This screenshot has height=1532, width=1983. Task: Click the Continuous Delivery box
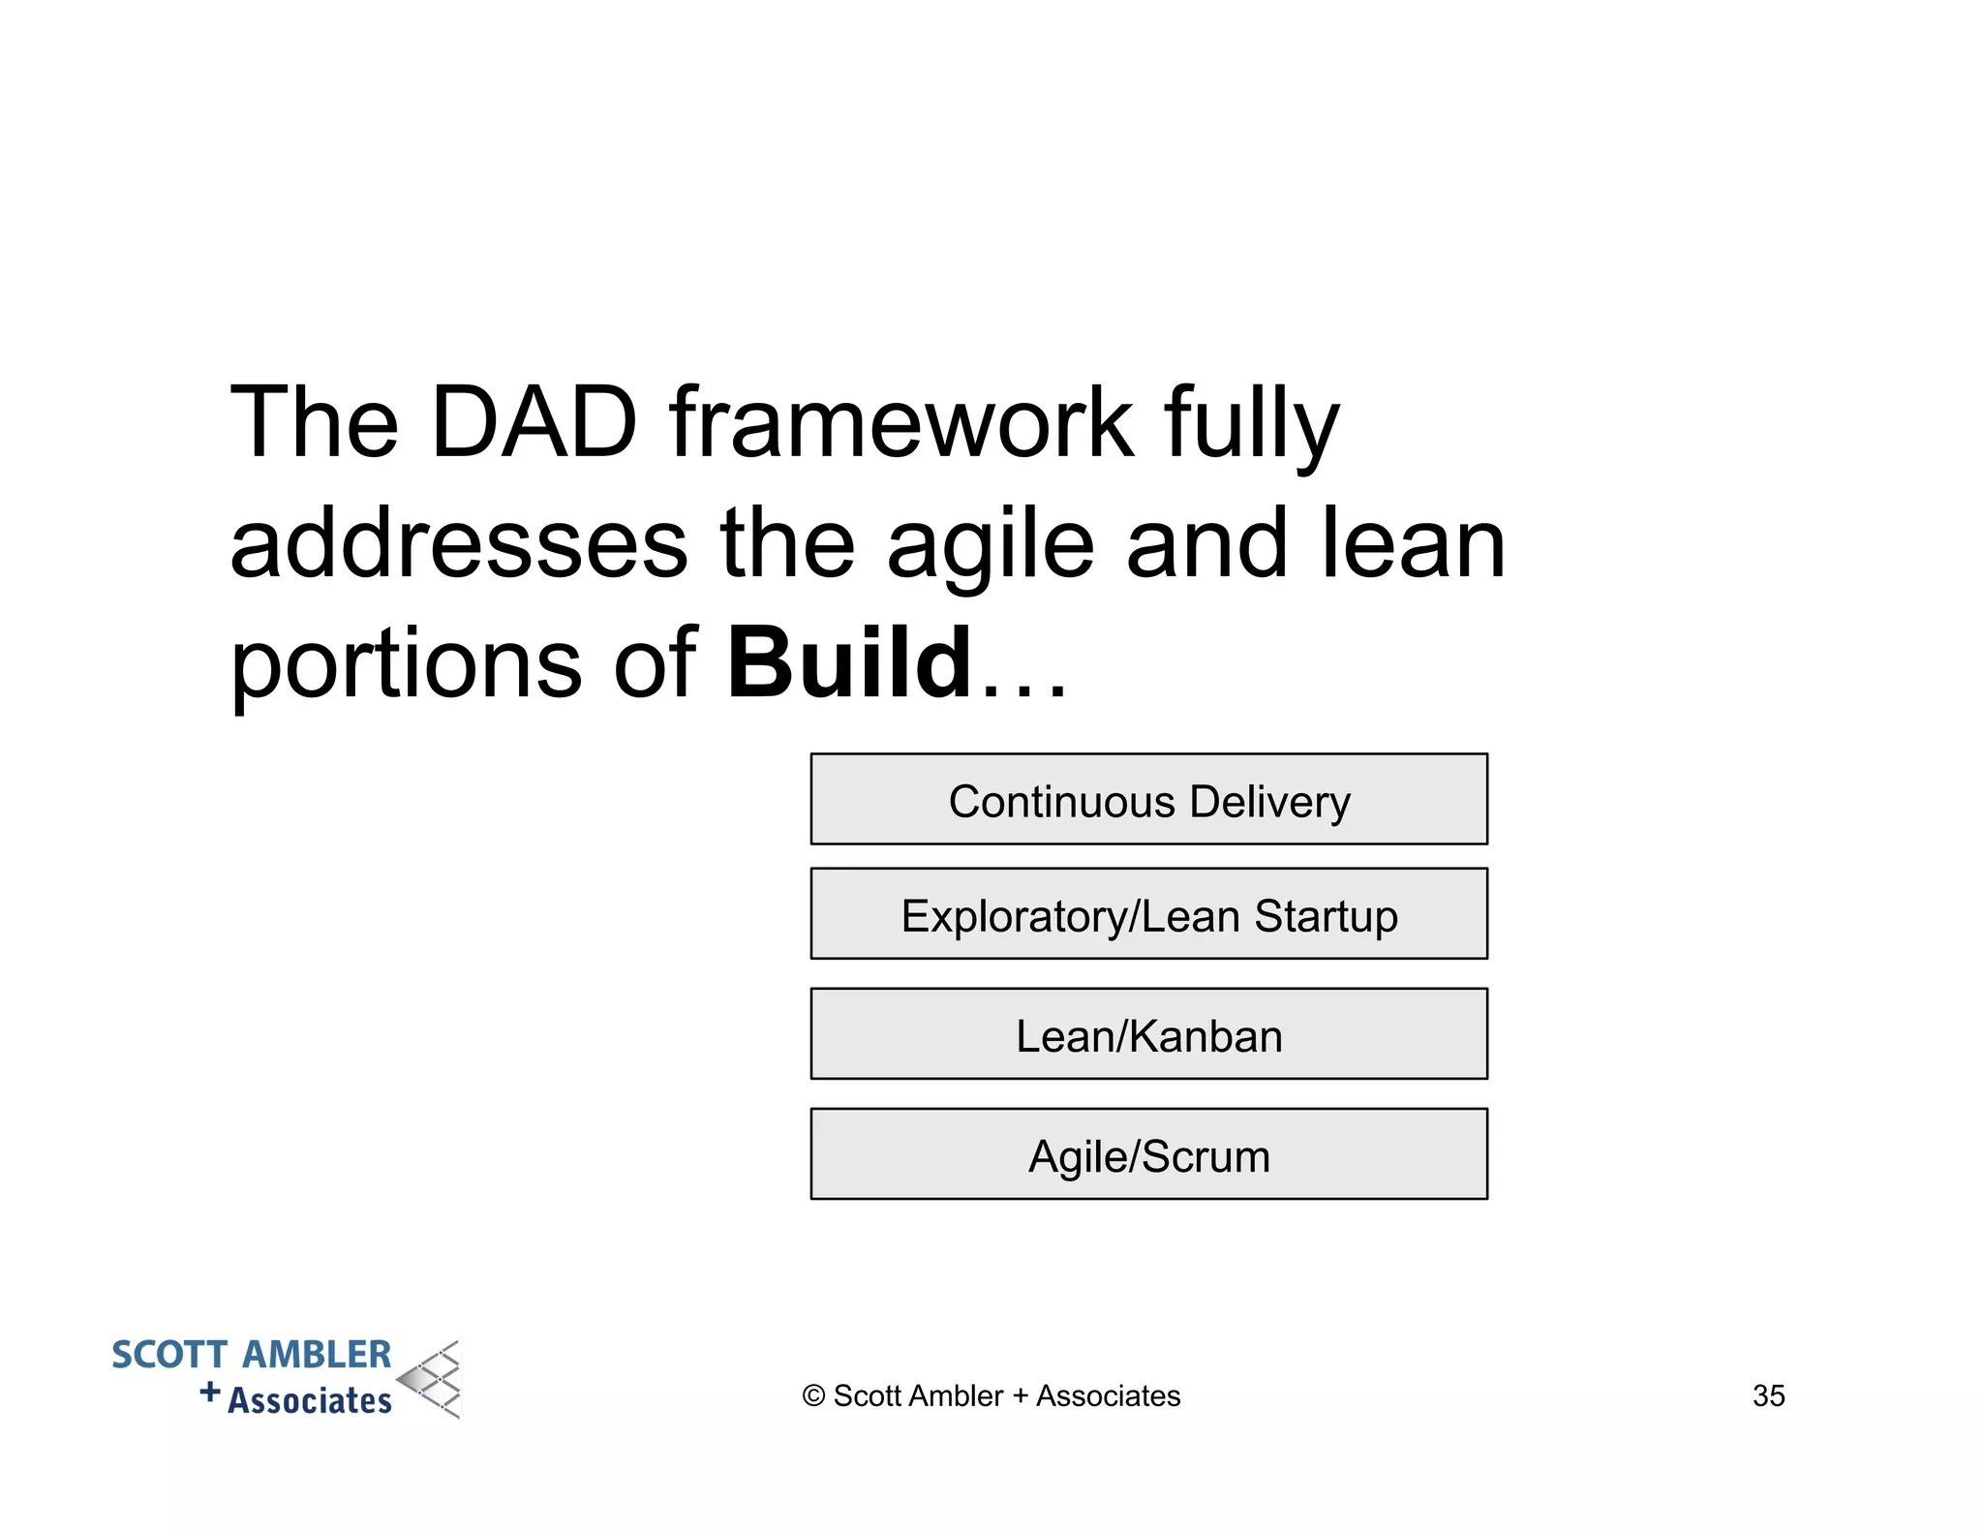tap(1148, 799)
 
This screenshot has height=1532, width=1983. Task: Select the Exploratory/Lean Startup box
tap(1148, 914)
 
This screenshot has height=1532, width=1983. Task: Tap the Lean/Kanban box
tap(1148, 1034)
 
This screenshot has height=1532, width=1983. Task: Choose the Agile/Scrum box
tap(1148, 1154)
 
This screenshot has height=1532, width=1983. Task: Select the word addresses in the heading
tap(459, 544)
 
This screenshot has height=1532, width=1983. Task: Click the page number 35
tap(1768, 1395)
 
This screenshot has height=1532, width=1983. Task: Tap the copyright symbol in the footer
tap(813, 1395)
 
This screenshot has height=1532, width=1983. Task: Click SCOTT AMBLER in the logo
tap(251, 1355)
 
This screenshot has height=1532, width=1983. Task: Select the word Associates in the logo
tap(310, 1400)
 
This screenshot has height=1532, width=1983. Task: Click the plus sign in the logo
tap(210, 1393)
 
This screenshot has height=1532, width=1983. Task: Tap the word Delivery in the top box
tap(1269, 802)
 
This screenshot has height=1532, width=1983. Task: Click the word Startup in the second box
tap(1326, 916)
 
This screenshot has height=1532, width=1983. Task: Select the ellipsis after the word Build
tap(1024, 688)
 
